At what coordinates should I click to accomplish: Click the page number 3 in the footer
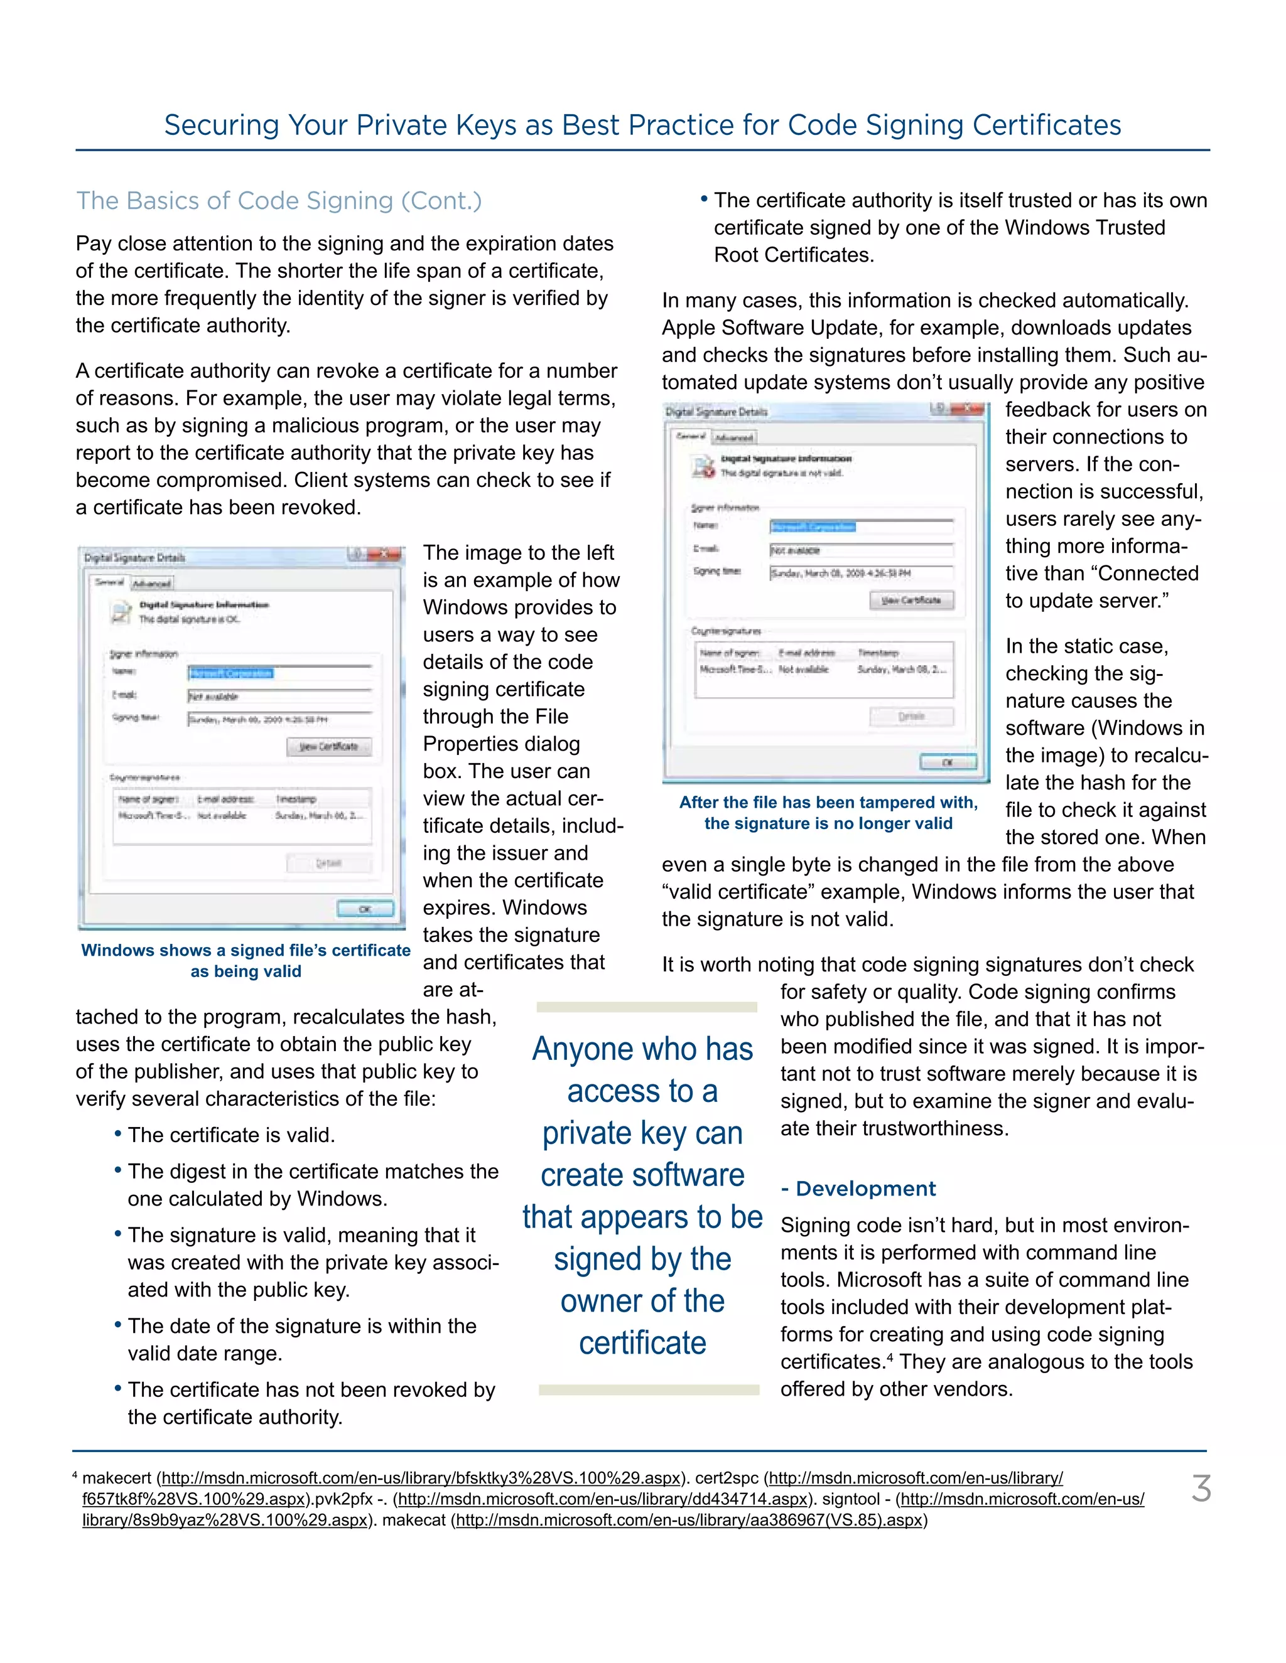(x=1201, y=1489)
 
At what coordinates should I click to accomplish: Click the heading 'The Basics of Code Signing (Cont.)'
(x=279, y=200)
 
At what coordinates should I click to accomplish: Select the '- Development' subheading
(x=858, y=1189)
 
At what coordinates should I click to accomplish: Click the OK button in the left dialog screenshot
(x=365, y=909)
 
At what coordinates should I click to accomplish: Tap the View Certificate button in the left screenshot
(x=329, y=746)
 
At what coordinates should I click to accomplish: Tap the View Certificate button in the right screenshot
(x=911, y=600)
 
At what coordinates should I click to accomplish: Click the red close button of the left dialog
(x=385, y=555)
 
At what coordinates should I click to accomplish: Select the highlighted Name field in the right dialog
(x=813, y=527)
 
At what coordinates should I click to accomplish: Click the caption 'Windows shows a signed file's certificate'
(x=246, y=950)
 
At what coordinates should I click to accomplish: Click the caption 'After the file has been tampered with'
(x=828, y=803)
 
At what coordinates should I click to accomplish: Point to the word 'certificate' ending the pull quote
(x=642, y=1343)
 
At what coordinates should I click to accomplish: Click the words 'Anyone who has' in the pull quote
(x=642, y=1049)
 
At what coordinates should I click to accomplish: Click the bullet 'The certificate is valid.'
(x=231, y=1135)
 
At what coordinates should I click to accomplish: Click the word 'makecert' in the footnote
(x=117, y=1478)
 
